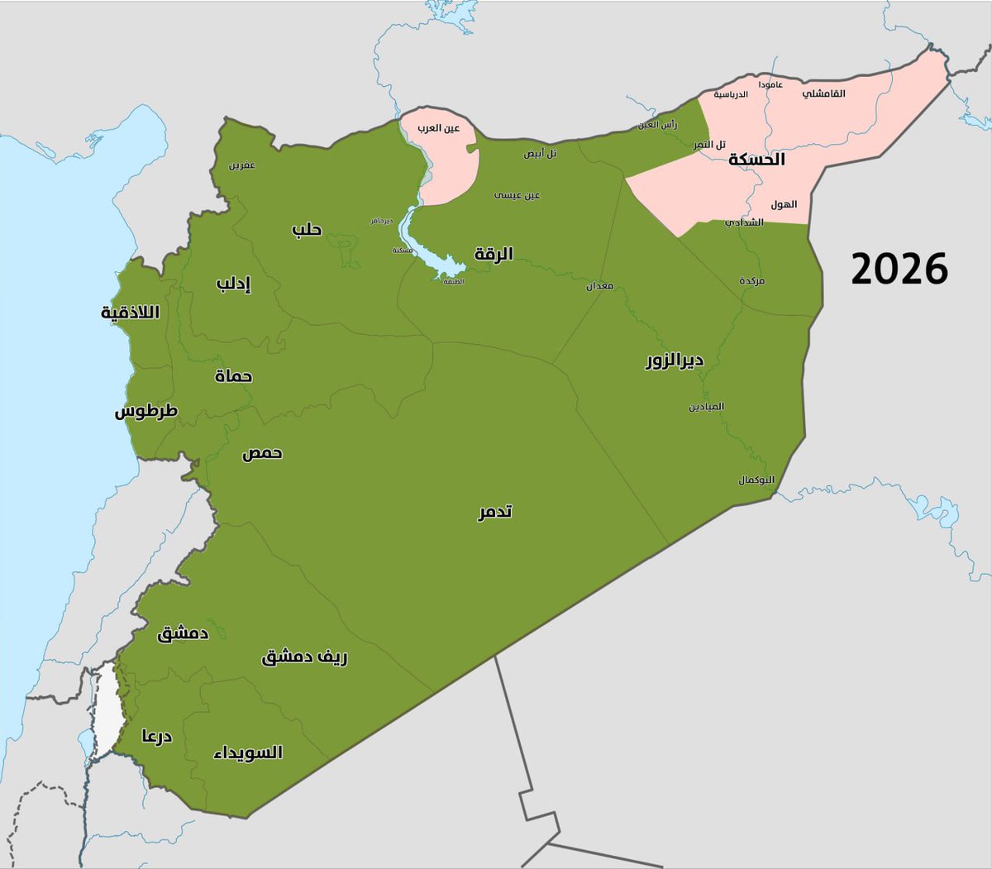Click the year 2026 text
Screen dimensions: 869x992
[x=899, y=269]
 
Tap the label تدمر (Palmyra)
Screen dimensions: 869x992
[x=494, y=512]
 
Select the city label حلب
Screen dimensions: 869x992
[x=307, y=229]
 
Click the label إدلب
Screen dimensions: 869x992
[x=233, y=284]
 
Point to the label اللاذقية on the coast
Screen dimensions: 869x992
[x=130, y=313]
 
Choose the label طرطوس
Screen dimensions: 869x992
[x=145, y=411]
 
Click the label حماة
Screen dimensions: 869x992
[x=233, y=376]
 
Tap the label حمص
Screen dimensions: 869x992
[x=262, y=453]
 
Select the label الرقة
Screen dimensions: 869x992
[x=494, y=254]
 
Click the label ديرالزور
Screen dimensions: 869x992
[x=675, y=360]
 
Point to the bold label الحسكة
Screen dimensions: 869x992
[x=756, y=159]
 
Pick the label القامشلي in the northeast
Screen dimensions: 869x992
[x=823, y=93]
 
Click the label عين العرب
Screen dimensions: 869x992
[x=438, y=128]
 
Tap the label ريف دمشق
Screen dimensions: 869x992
[x=304, y=657]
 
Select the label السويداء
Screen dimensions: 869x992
[x=248, y=752]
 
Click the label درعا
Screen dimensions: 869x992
[x=156, y=736]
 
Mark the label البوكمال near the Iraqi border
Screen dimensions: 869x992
[x=756, y=480]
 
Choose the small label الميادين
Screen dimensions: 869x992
[x=706, y=407]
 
